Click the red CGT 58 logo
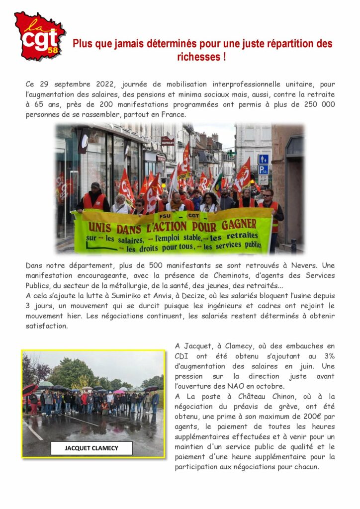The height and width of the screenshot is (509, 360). pyautogui.click(x=39, y=36)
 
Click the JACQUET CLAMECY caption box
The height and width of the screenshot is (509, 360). pyautogui.click(x=91, y=448)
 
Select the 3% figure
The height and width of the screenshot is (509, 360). pyautogui.click(x=327, y=356)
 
